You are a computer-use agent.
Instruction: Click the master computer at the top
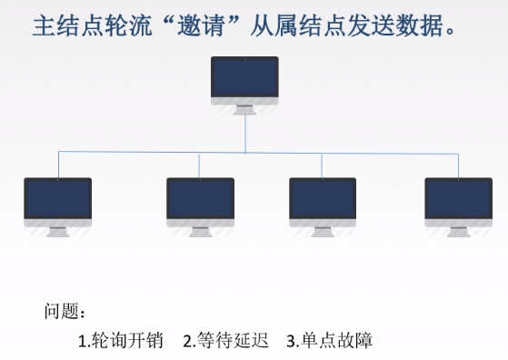[x=244, y=80]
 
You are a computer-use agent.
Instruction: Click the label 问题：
[x=65, y=312]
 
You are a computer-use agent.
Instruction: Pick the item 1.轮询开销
[x=120, y=341]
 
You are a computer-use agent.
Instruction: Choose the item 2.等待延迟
[x=226, y=341]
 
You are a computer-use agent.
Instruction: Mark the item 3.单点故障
[x=329, y=341]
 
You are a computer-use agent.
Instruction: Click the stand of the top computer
[x=244, y=110]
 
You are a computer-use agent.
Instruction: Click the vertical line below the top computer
[x=245, y=132]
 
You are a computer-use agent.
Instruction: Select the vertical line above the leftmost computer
[x=58, y=164]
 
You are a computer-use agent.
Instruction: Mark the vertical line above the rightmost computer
[x=459, y=164]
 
